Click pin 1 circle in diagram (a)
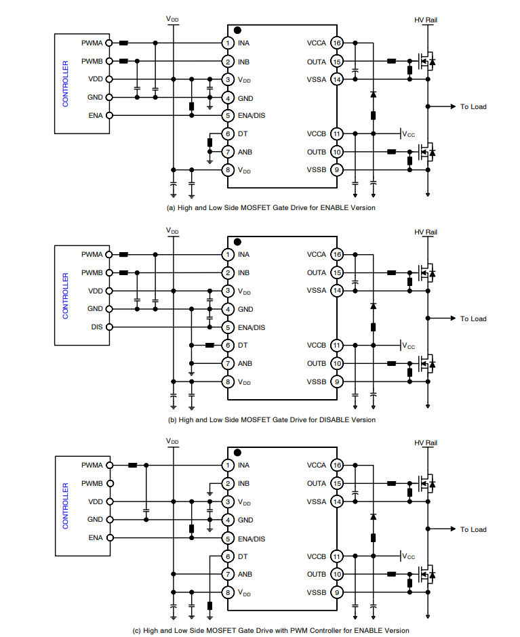click(x=228, y=43)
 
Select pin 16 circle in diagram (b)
click(x=336, y=255)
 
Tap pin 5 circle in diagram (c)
click(x=228, y=538)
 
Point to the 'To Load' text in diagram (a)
click(x=473, y=106)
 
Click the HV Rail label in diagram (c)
click(x=426, y=443)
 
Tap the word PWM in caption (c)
click(x=262, y=630)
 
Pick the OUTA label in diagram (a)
click(x=316, y=62)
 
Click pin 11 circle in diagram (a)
click(x=336, y=133)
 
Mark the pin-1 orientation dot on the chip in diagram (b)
click(x=237, y=242)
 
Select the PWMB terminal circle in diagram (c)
click(x=110, y=484)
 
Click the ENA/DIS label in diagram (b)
click(x=252, y=327)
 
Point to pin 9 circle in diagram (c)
click(x=336, y=592)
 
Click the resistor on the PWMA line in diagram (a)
click(x=124, y=43)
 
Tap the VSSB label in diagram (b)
click(x=316, y=382)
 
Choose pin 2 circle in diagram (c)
click(x=228, y=484)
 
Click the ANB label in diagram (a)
click(x=245, y=152)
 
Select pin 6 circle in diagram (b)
click(x=228, y=345)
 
